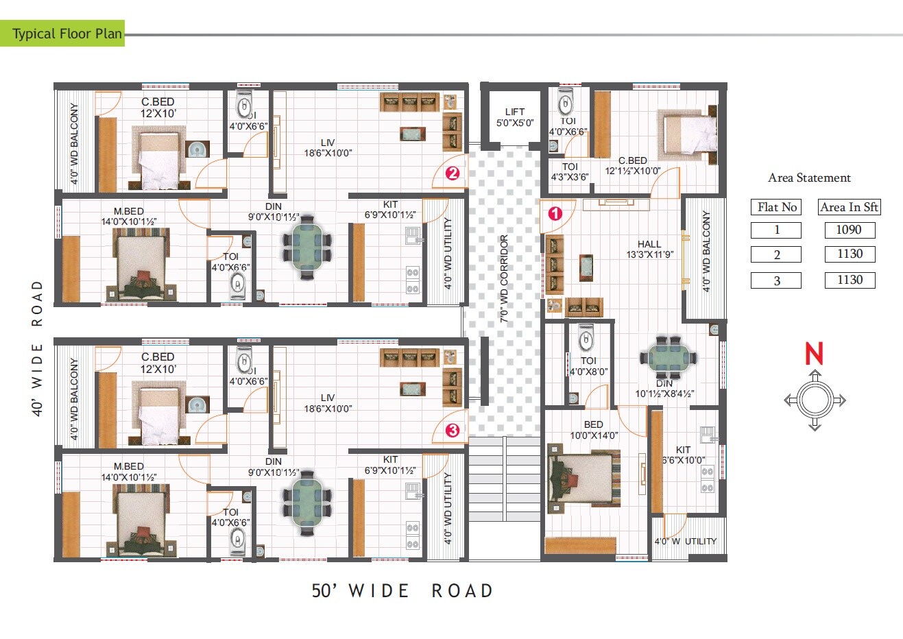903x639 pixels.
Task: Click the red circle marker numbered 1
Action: [555, 213]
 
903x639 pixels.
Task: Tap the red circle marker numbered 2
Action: [452, 173]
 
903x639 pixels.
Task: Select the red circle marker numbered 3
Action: [452, 431]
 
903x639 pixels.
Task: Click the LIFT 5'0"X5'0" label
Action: [514, 117]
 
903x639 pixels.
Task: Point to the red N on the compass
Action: [813, 354]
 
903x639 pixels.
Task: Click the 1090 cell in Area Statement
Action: [849, 230]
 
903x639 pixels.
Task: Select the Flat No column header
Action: [776, 207]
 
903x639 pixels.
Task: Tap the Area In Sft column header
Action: [849, 207]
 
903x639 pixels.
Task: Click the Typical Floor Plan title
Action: [67, 34]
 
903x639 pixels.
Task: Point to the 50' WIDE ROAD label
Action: [402, 590]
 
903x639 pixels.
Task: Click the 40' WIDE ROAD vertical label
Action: [37, 347]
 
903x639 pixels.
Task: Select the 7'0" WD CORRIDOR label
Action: [504, 279]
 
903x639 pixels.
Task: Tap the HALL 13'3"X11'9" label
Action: [649, 249]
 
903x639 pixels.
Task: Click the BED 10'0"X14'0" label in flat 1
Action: [594, 430]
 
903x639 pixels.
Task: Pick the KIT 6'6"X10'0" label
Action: [682, 455]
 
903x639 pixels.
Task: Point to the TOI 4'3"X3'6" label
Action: [569, 171]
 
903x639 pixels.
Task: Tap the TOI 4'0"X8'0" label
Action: [588, 366]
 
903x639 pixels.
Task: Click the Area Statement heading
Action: [809, 178]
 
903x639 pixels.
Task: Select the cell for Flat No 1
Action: [776, 230]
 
